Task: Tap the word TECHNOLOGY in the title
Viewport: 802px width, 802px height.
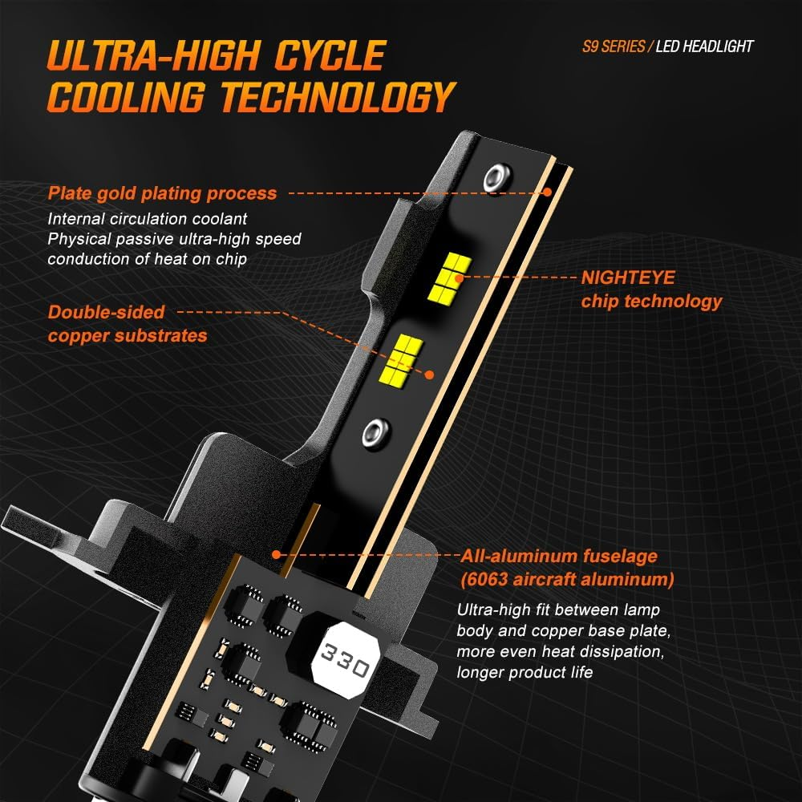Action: tap(338, 96)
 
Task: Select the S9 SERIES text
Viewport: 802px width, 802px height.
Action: tap(614, 47)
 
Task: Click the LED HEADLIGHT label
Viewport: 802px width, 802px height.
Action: tap(704, 47)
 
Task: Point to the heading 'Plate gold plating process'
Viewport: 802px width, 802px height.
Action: tap(162, 193)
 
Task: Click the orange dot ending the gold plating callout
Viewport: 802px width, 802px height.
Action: tap(547, 192)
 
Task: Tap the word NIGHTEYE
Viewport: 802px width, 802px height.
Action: tap(628, 277)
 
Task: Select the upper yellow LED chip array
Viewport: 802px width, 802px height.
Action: tap(449, 277)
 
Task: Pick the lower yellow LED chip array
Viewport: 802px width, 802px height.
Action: tap(402, 359)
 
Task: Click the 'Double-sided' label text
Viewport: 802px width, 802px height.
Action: tap(106, 312)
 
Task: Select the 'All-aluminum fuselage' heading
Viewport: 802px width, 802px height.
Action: tap(559, 556)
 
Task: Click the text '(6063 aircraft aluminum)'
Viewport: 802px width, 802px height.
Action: tap(567, 579)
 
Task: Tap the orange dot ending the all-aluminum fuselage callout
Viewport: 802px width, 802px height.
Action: tap(277, 554)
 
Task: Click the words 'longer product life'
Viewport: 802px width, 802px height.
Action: tap(525, 672)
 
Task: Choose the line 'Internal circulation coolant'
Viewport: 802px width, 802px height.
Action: tap(148, 219)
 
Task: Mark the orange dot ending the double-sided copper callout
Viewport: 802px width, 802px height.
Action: tap(430, 375)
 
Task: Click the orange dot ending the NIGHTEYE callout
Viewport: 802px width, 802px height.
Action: tap(460, 278)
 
